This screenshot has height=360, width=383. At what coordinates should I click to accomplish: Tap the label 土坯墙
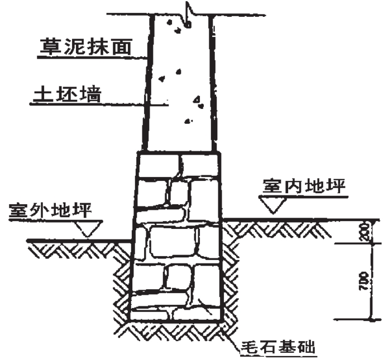click(65, 94)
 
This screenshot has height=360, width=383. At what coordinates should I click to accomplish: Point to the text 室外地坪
click(49, 212)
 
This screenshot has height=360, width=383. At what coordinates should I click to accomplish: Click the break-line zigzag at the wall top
click(187, 12)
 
